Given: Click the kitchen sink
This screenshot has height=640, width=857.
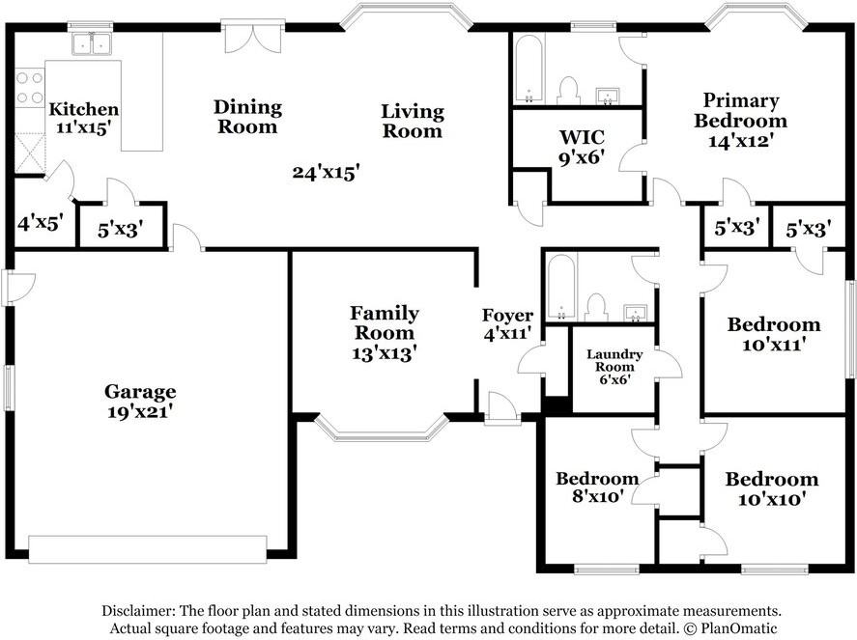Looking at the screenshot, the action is [x=91, y=42].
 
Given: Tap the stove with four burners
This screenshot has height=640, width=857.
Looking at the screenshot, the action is [x=30, y=88].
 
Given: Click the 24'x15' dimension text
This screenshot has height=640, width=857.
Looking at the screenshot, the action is [x=326, y=173].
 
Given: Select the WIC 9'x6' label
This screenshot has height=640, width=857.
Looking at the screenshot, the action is [x=582, y=147].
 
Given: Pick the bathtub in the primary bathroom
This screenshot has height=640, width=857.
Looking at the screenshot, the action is [x=528, y=69].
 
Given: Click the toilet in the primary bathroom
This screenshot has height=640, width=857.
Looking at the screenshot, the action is [x=568, y=91].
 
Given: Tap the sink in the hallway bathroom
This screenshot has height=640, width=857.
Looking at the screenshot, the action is [x=635, y=314].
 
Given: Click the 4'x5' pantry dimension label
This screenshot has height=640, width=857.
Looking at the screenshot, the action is [x=41, y=223].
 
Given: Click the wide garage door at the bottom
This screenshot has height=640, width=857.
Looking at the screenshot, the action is [x=148, y=549].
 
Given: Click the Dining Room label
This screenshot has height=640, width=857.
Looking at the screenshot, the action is [x=247, y=117].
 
